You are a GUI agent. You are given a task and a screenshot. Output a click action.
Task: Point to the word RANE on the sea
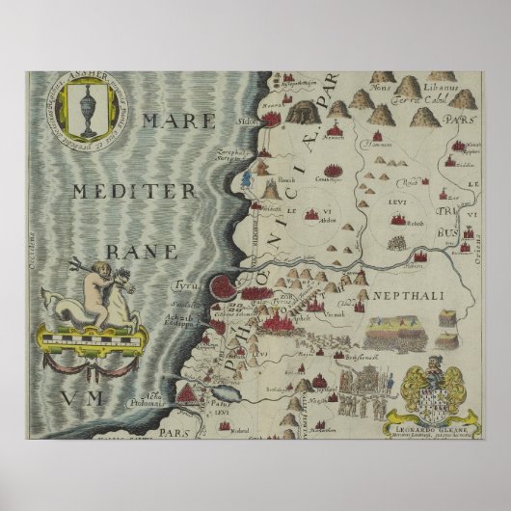pyautogui.click(x=142, y=252)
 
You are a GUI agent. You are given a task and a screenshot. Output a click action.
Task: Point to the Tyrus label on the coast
pyautogui.click(x=184, y=286)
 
